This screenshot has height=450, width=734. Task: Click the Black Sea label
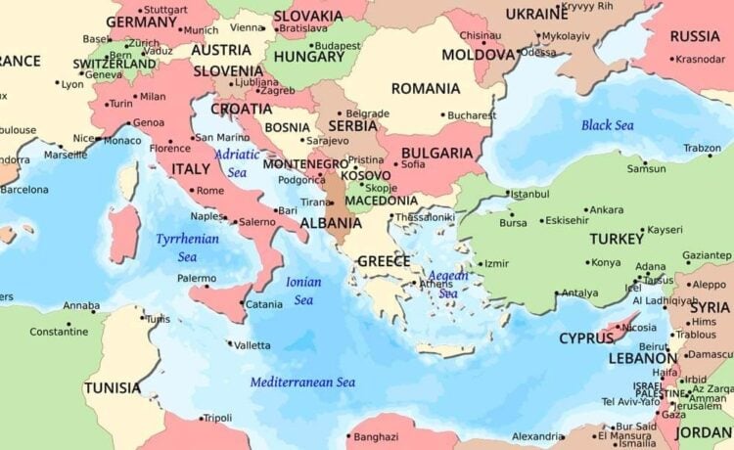pos(607,125)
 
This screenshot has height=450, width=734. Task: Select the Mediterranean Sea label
pos(302,382)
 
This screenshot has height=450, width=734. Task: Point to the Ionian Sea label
pos(303,291)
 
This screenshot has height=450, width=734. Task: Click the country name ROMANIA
pos(425,89)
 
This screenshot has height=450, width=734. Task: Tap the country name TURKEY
pos(617,239)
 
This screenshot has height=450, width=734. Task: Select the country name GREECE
pos(384,261)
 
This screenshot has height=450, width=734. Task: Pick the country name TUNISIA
pos(112,387)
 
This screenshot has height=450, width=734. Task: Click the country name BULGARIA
pos(437,155)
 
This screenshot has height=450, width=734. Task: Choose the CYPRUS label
pos(586,338)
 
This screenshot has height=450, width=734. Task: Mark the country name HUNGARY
pos(308,57)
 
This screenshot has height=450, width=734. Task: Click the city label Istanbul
pos(529,194)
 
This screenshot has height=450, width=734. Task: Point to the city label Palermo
pos(197,278)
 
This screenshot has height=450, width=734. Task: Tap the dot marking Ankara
pos(585,209)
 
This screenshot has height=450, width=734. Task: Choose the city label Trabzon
pos(702,148)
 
